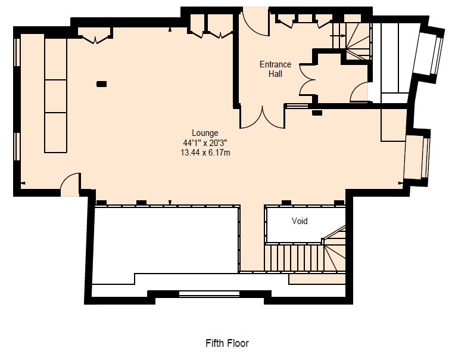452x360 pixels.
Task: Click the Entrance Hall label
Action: coord(275,69)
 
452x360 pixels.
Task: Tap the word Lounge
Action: coord(205,133)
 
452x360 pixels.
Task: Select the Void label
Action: coord(300,221)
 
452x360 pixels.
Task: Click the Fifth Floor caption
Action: coord(227,343)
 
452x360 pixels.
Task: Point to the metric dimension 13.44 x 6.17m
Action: coord(205,153)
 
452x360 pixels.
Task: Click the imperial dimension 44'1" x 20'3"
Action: coord(205,143)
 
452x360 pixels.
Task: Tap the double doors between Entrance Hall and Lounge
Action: coord(263,117)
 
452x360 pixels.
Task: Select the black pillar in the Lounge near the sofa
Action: coord(101,84)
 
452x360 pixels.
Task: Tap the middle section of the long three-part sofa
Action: coord(55,97)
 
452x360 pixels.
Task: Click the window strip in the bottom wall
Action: coord(210,294)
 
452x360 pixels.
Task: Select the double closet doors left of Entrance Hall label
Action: coord(307,80)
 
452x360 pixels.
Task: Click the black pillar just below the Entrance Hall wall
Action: coord(317,113)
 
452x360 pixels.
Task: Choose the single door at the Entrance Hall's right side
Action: coord(359,92)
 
